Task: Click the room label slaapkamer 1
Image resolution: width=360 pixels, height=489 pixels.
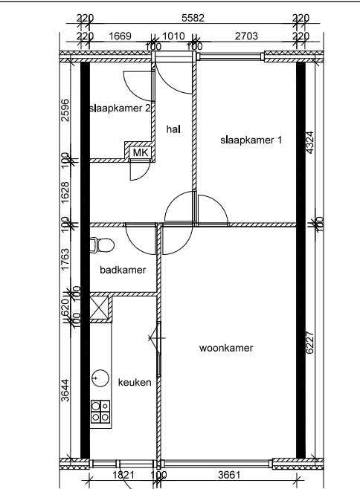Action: (x=251, y=140)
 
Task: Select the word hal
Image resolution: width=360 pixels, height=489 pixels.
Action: (x=174, y=129)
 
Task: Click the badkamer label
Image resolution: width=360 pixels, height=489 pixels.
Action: (x=123, y=270)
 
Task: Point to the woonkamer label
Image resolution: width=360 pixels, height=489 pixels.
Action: (x=227, y=348)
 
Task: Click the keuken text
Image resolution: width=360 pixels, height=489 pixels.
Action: (x=135, y=382)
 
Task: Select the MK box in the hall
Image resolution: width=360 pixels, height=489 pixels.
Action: (x=141, y=152)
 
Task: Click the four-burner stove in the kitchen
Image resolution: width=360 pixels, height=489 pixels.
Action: (x=100, y=411)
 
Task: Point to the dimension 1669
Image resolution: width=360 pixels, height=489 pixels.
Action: (x=121, y=34)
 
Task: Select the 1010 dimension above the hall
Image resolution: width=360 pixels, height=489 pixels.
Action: (x=173, y=34)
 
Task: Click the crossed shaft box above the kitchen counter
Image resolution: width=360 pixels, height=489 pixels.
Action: (x=100, y=306)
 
